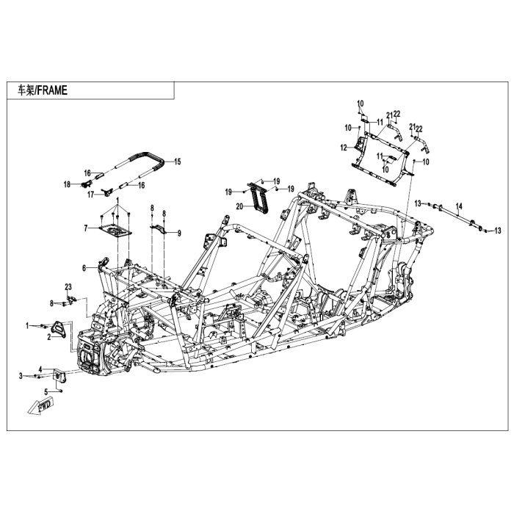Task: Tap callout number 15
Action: (177, 160)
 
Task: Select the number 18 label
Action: (66, 184)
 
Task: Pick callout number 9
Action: (178, 233)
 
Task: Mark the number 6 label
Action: (84, 267)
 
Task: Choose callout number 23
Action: (67, 286)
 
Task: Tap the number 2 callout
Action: (48, 337)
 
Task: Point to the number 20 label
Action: (239, 206)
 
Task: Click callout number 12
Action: (343, 148)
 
